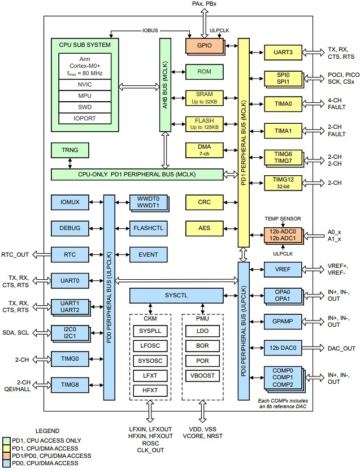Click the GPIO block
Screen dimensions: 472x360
205,45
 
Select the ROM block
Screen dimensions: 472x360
205,71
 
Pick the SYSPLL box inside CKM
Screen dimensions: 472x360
150,330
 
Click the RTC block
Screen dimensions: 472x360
70,254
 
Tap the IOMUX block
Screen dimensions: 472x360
70,202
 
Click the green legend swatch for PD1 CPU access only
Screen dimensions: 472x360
6,440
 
